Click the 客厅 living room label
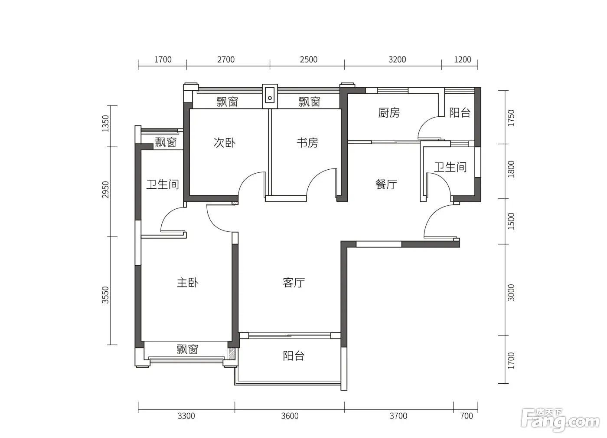[294, 283]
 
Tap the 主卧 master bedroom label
[187, 283]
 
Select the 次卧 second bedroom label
[225, 143]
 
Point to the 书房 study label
[307, 143]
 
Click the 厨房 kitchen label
[389, 113]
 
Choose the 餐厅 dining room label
[386, 184]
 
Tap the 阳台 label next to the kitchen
[460, 112]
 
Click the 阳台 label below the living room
[294, 356]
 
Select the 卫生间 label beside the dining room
[450, 167]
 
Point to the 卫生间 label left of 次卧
[163, 184]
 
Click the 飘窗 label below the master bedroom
[187, 349]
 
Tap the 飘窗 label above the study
[310, 102]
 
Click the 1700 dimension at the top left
[163, 59]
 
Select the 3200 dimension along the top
[397, 59]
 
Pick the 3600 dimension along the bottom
[290, 416]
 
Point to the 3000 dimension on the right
[511, 293]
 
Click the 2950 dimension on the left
[105, 190]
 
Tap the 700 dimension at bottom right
[467, 416]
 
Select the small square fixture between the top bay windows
[270, 96]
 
